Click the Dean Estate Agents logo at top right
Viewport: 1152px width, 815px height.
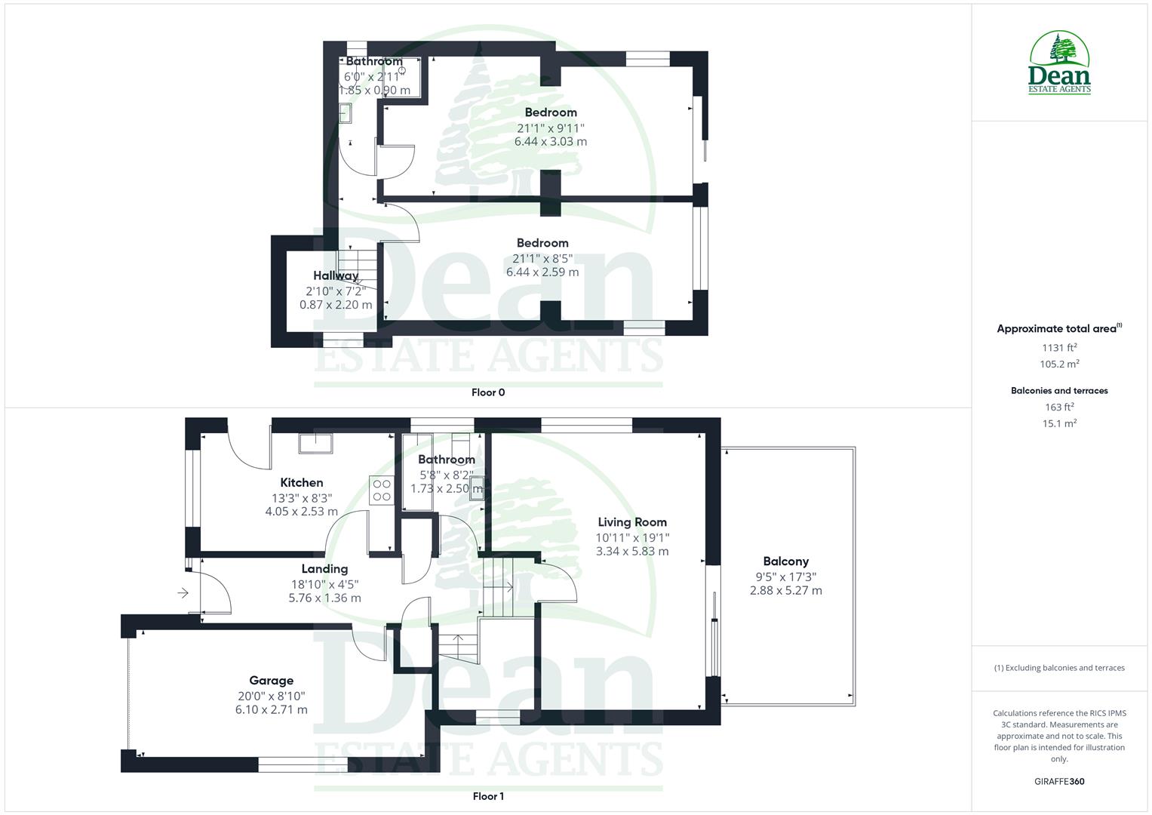1060,63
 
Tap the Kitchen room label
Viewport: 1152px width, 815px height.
302,483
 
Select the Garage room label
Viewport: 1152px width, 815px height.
271,681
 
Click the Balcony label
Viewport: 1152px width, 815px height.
785,561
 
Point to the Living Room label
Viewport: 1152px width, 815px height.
632,522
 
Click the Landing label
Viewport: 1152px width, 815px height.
324,569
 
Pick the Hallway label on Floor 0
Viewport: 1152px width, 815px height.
336,276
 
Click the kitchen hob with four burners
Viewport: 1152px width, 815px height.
382,491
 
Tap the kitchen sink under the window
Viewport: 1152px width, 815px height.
316,443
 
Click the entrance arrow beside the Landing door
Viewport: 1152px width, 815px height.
183,594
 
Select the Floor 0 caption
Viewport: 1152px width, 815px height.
488,392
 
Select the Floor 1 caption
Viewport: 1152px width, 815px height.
488,796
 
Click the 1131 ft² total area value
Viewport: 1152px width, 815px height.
1059,348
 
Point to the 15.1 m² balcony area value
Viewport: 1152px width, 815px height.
1059,423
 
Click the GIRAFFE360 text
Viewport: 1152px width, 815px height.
1059,782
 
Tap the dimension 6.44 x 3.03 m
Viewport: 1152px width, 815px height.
551,142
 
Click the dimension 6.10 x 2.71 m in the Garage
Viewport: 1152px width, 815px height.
271,710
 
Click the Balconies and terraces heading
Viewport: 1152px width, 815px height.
1059,391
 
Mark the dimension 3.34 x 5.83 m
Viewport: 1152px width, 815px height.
632,552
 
